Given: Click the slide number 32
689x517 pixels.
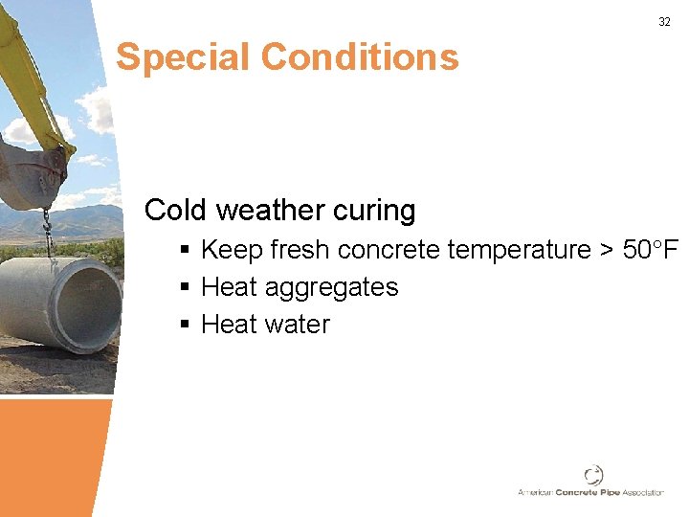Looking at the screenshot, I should click(664, 21).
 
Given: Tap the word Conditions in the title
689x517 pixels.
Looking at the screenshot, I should click(360, 57).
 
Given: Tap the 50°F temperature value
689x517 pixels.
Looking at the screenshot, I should click(651, 250).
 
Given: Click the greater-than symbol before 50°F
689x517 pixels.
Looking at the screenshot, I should click(607, 251).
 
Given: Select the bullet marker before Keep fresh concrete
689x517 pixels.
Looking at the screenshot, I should click(185, 251).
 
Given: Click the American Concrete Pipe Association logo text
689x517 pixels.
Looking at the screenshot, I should click(590, 492).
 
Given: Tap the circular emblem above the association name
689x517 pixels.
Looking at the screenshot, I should click(593, 474).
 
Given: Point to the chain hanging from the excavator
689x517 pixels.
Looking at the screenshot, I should click(46, 231).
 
